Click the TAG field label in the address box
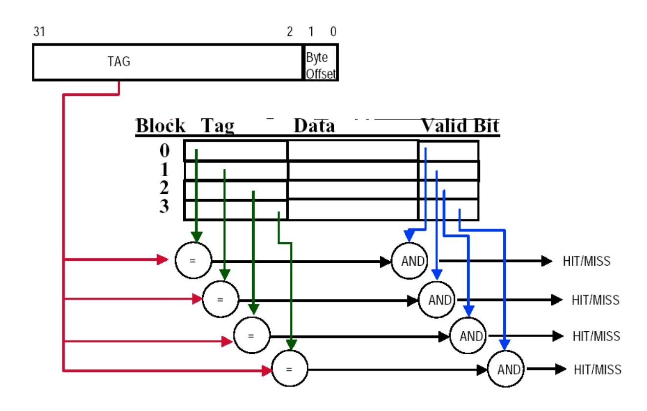[119, 62]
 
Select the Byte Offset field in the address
[321, 66]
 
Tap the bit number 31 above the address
[39, 32]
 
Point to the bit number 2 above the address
[290, 32]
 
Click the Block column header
[160, 126]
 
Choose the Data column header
[314, 126]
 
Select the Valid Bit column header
[460, 126]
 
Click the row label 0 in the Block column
[165, 150]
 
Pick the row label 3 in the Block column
[165, 206]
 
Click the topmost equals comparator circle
[193, 260]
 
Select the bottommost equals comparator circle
[290, 369]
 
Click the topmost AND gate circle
[410, 261]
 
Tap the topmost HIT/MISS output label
[586, 261]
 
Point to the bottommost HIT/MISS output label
[597, 369]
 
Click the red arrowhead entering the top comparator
[163, 260]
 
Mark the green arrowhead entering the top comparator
[196, 236]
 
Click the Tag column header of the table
[217, 126]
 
